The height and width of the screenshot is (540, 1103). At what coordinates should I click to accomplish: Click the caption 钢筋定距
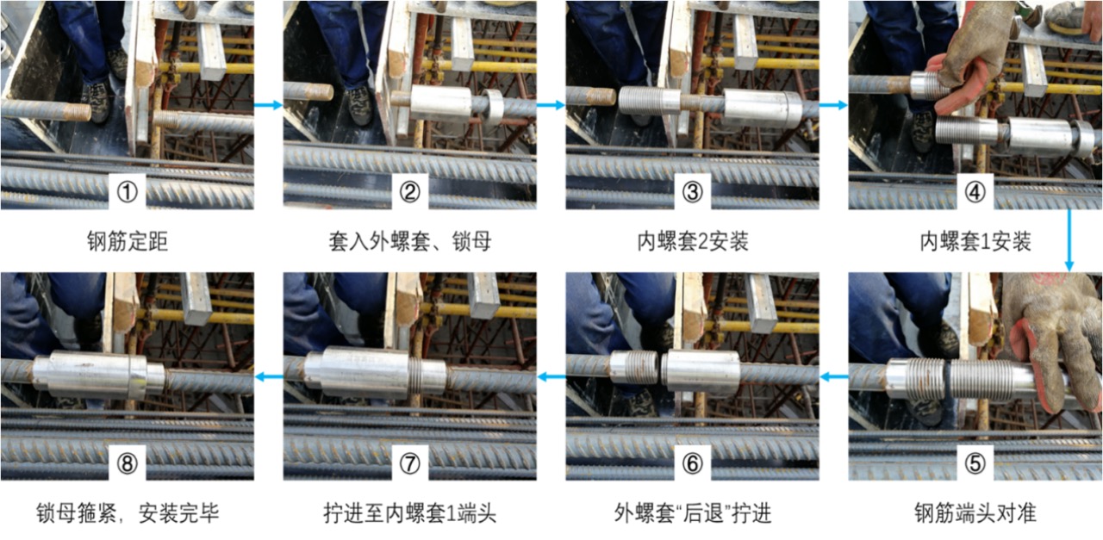127,242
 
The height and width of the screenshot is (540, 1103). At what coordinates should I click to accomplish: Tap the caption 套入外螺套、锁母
409,242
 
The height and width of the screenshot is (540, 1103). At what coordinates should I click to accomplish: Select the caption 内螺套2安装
692,242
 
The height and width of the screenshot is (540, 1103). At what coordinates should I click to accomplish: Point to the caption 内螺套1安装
975,242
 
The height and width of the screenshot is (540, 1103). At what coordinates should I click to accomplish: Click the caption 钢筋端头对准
975,514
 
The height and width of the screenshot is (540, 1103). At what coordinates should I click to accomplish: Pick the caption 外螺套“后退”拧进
692,514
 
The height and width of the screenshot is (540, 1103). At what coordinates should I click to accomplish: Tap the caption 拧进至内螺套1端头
409,514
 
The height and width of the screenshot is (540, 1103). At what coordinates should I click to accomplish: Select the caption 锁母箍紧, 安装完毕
127,514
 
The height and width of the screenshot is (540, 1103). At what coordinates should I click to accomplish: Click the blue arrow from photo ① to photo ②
269,105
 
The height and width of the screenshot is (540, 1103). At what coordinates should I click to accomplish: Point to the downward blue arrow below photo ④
1069,240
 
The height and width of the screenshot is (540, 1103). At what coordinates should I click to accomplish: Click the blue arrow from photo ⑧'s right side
269,376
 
